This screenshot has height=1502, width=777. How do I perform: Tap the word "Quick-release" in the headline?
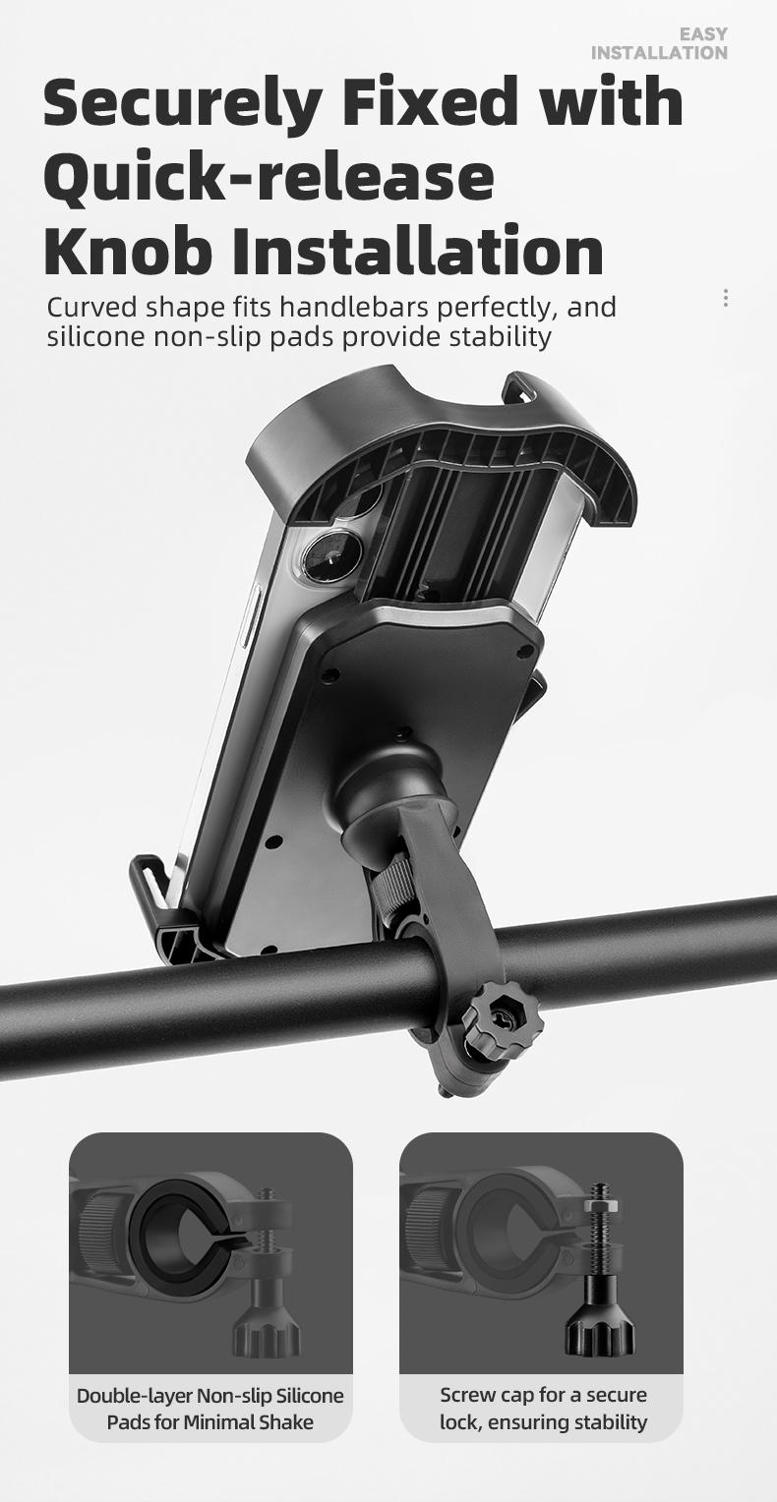[x=269, y=178]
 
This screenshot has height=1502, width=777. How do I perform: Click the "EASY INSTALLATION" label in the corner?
[x=659, y=43]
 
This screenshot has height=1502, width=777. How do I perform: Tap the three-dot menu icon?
[x=726, y=298]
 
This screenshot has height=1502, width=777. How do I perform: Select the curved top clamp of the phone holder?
[x=443, y=442]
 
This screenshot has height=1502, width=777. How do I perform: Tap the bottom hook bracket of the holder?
[x=162, y=904]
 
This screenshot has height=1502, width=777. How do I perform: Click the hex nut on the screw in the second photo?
[x=599, y=1203]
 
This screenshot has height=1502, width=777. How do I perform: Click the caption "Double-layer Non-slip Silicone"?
[x=210, y=1396]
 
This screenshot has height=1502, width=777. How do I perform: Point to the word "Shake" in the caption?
[x=285, y=1422]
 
